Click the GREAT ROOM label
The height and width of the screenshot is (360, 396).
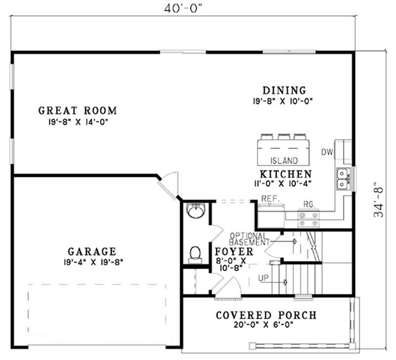[x=78, y=110]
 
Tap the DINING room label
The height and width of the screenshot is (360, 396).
[x=284, y=91]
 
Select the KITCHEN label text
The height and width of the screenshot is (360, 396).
[x=286, y=174]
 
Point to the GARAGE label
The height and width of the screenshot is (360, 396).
[x=92, y=252]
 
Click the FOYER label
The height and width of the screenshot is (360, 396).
[x=234, y=252]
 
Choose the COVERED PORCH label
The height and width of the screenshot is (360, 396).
[x=266, y=315]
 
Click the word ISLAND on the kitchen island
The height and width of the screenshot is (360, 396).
[x=284, y=161]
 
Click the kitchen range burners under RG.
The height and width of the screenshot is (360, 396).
[x=308, y=220]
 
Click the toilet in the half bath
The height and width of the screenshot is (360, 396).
[x=195, y=254]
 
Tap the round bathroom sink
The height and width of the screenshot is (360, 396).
[x=195, y=210]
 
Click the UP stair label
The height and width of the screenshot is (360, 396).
[x=263, y=278]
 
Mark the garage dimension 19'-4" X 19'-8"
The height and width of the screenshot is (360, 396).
[x=92, y=261]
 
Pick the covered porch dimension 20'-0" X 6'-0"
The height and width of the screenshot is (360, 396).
[x=266, y=326]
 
